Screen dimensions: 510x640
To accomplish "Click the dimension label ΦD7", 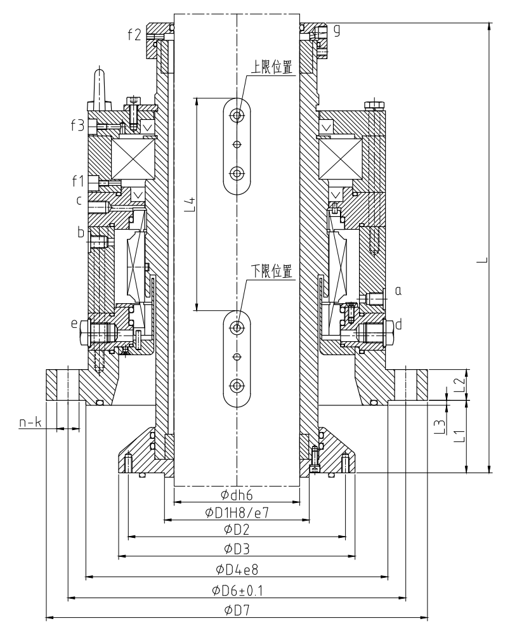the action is pyautogui.click(x=237, y=610).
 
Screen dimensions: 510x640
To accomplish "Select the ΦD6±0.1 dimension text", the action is pyautogui.click(x=237, y=590).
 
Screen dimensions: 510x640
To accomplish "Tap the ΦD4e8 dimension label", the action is pyautogui.click(x=237, y=569).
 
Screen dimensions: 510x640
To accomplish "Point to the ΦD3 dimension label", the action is pyautogui.click(x=237, y=549).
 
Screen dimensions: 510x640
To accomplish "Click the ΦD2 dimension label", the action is pyautogui.click(x=237, y=530).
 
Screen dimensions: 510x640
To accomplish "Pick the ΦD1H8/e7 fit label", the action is pyautogui.click(x=237, y=513).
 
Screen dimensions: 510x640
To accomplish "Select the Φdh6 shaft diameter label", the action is pyautogui.click(x=237, y=495).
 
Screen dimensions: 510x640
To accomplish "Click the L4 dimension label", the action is pyautogui.click(x=190, y=204).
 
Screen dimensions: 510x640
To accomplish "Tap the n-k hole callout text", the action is pyautogui.click(x=30, y=422).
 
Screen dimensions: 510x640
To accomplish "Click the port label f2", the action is pyautogui.click(x=134, y=35).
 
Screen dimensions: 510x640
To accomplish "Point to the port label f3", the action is pyautogui.click(x=77, y=125).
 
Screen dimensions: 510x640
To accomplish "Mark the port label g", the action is pyautogui.click(x=337, y=30).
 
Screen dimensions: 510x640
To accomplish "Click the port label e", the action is pyautogui.click(x=74, y=323).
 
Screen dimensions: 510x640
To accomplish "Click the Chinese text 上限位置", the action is pyautogui.click(x=271, y=67).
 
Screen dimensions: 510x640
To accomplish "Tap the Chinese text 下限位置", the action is pyautogui.click(x=271, y=271).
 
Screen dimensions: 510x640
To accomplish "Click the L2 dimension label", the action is pyautogui.click(x=460, y=384).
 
